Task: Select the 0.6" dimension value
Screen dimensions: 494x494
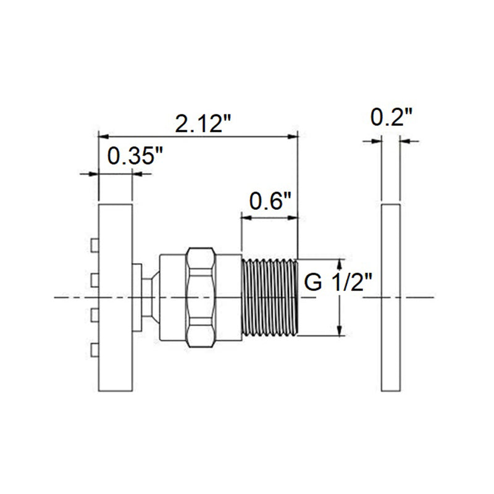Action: coord(269,201)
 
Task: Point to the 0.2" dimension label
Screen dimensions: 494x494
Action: coord(391,117)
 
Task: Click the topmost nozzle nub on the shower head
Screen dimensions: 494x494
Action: coord(94,246)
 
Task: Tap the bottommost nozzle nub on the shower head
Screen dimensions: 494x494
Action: coord(94,350)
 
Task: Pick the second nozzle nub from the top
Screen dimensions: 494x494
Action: coord(94,281)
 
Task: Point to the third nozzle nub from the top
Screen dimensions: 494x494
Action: coord(94,315)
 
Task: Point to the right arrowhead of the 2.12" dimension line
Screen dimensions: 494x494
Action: coord(293,136)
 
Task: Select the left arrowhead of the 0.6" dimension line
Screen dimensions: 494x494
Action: coord(246,217)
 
